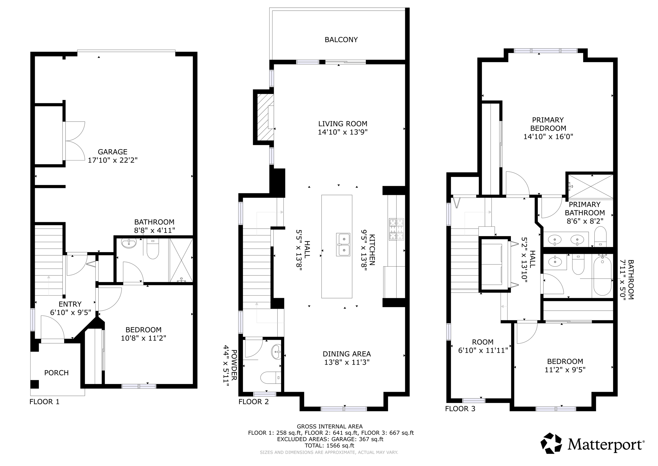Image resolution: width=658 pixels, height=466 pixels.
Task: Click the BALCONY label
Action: click(341, 40)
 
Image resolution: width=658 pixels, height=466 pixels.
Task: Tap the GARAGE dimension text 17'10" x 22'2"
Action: click(113, 160)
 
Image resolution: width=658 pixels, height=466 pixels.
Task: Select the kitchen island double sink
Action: click(343, 244)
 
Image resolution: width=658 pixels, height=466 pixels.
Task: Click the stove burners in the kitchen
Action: click(396, 229)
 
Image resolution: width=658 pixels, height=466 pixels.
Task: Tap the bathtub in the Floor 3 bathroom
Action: click(602, 275)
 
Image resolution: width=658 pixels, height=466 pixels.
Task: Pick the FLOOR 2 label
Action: click(253, 402)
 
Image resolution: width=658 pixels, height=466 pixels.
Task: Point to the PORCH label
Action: click(56, 373)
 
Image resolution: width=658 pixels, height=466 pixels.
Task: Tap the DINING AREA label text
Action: click(347, 354)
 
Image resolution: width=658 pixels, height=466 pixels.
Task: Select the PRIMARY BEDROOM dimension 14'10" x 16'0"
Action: click(548, 136)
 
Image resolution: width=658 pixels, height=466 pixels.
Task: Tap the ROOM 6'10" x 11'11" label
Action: click(483, 346)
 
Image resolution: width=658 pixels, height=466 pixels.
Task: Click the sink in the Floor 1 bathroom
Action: click(129, 243)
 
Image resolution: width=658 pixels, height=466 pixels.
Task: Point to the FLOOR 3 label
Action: click(460, 409)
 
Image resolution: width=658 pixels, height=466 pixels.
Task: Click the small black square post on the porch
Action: click(34, 384)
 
